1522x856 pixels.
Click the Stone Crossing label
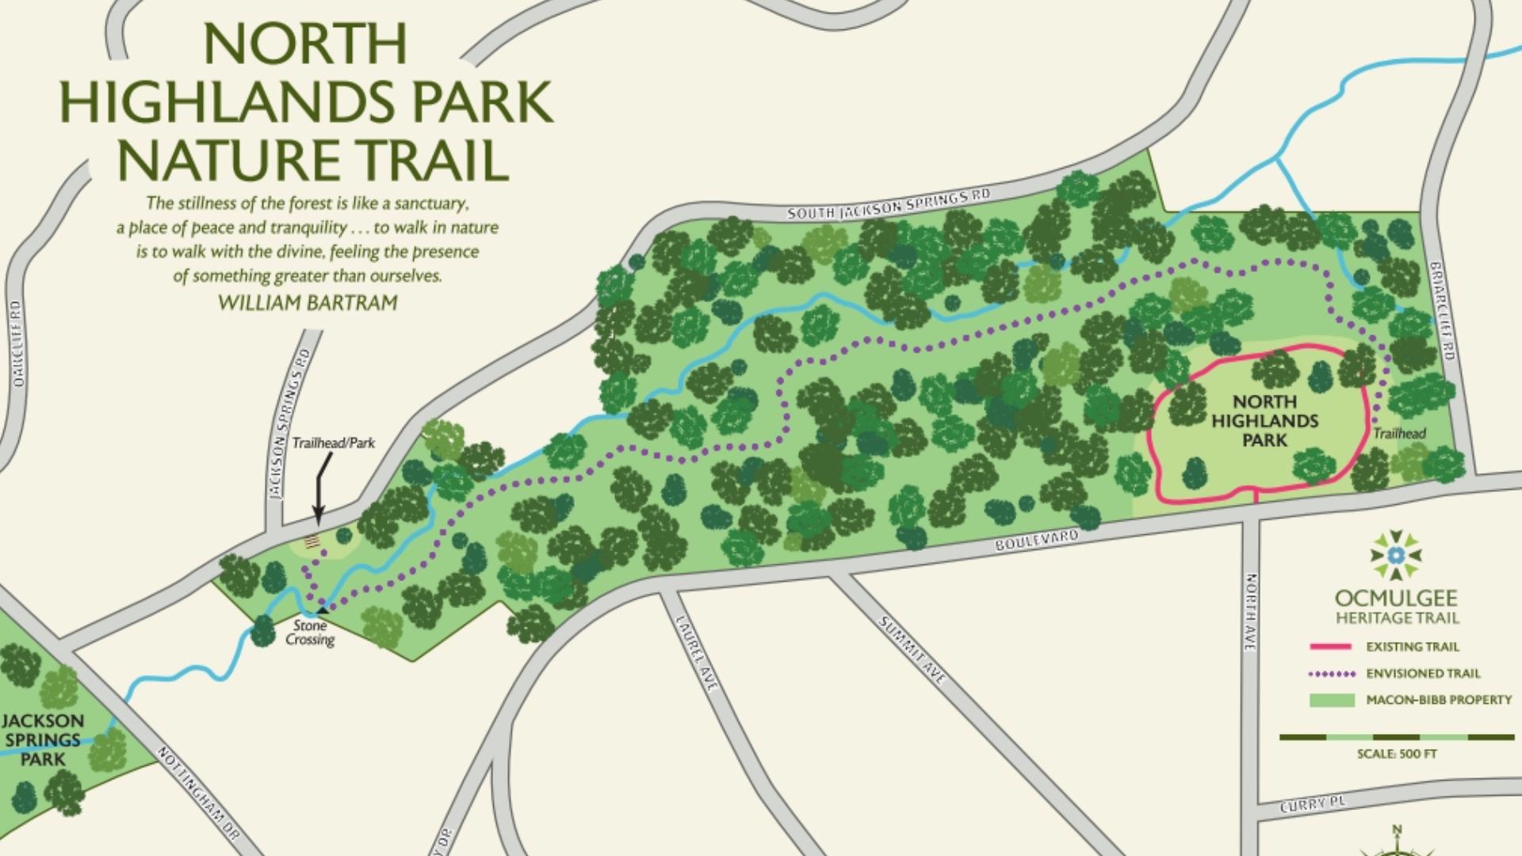tap(310, 632)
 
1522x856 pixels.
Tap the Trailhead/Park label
tap(333, 442)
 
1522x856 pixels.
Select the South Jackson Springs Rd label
tap(889, 203)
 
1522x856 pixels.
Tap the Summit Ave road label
tap(912, 650)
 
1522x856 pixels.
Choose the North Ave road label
tap(1250, 613)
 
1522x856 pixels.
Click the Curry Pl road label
tap(1313, 804)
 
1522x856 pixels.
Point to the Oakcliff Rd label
tap(17, 343)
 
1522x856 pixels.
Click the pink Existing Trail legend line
tap(1330, 647)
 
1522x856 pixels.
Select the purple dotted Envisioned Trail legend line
tap(1331, 674)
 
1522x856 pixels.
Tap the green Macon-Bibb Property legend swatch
tap(1331, 700)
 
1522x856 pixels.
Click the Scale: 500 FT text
tap(1397, 754)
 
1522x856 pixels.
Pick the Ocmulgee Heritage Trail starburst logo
tap(1397, 555)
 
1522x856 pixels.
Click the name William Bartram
tap(308, 303)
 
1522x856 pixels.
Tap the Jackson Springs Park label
tap(43, 739)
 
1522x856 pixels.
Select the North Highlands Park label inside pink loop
tap(1264, 421)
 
